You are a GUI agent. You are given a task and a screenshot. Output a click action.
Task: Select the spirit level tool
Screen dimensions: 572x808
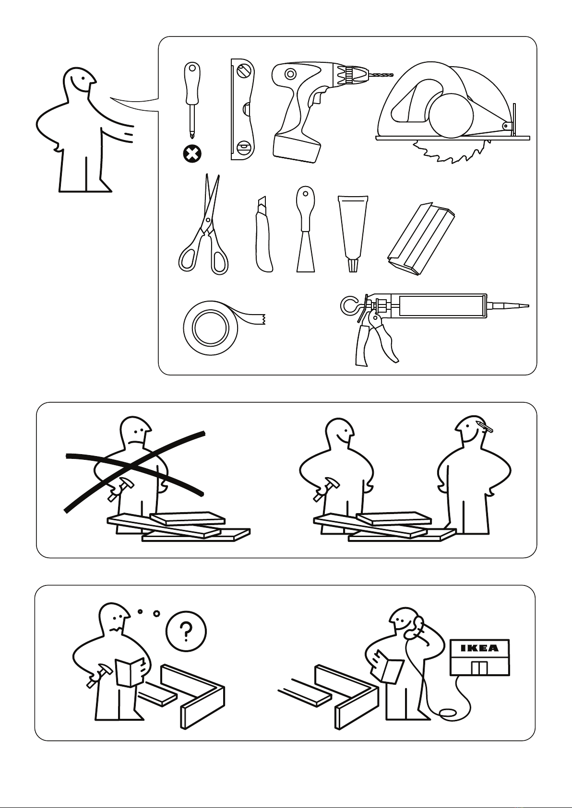(243, 109)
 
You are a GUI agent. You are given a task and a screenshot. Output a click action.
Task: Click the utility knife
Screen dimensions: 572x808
(263, 235)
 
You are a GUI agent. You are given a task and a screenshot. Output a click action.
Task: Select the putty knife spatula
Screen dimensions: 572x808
(305, 229)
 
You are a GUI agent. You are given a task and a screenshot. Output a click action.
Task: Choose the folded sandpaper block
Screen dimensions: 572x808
(421, 239)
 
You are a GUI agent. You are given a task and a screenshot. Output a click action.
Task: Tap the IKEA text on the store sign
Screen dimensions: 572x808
(479, 648)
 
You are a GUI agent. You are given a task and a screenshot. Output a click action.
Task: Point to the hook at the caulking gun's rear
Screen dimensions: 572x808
(350, 304)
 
